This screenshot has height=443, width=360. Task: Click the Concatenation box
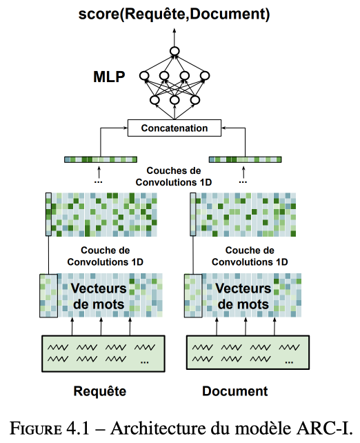click(174, 128)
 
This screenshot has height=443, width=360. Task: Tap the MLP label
click(109, 77)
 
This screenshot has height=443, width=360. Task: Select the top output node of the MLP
click(174, 51)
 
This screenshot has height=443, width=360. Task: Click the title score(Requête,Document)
click(174, 14)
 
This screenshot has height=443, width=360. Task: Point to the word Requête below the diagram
click(100, 391)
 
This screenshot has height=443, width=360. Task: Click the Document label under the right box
click(235, 391)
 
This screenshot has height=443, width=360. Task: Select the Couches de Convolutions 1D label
click(174, 177)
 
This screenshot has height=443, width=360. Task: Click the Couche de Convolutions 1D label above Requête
click(106, 256)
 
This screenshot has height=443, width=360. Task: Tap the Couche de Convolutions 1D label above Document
click(250, 256)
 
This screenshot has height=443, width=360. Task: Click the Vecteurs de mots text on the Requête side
click(99, 296)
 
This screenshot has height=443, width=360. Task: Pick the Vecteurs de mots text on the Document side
click(243, 296)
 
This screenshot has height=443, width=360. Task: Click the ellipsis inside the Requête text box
click(145, 362)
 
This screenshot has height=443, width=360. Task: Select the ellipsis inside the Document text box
click(289, 362)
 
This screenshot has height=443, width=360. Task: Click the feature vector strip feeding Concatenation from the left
click(101, 159)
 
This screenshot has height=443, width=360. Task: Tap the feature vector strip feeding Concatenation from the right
click(245, 159)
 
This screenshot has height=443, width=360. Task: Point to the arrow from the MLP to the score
click(174, 37)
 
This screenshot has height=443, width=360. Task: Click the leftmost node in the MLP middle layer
click(144, 76)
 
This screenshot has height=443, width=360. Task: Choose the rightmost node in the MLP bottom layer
click(194, 100)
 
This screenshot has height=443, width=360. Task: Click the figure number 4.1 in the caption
click(78, 429)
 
